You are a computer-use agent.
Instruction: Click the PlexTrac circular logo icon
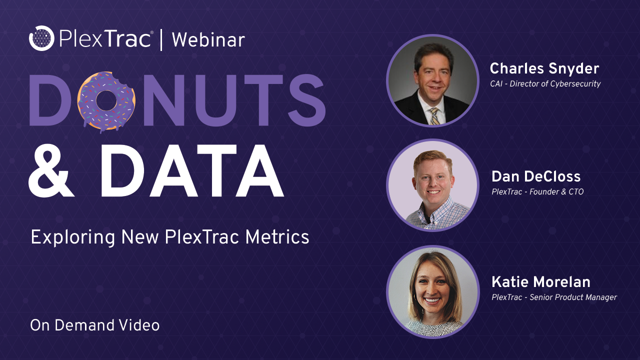41,38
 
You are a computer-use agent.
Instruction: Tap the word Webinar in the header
208,40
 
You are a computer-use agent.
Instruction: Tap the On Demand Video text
95,325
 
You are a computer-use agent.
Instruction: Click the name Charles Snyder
544,68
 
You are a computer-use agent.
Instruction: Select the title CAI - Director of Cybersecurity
545,83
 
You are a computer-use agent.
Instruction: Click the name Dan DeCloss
536,176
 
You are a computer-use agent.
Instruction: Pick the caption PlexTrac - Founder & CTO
537,191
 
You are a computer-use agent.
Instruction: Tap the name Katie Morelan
541,282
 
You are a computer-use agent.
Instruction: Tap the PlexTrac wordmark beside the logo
105,39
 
